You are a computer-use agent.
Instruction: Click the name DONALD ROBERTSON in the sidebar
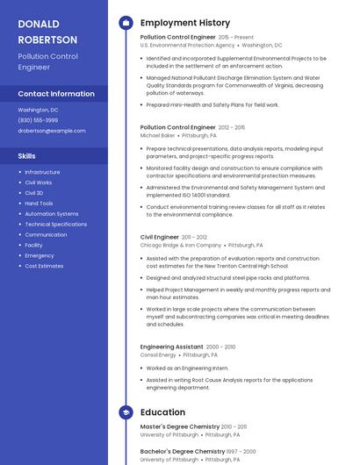click(x=47, y=32)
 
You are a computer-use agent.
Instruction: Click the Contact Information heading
click(x=56, y=93)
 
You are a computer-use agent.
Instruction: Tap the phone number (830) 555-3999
click(x=38, y=120)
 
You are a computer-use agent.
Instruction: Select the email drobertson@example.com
click(x=52, y=131)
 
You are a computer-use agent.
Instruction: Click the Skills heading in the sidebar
click(x=27, y=155)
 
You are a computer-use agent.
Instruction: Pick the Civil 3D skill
click(x=34, y=193)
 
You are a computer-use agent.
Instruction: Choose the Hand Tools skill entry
click(x=39, y=204)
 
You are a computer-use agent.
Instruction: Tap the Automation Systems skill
click(x=51, y=214)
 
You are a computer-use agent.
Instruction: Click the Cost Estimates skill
click(x=44, y=266)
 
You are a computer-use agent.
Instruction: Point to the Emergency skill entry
click(x=40, y=255)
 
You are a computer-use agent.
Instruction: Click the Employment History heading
click(x=184, y=23)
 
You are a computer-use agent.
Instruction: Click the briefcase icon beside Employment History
click(x=126, y=23)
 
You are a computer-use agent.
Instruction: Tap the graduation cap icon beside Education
click(x=126, y=411)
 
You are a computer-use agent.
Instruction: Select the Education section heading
click(x=162, y=411)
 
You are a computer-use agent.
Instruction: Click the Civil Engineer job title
click(x=160, y=237)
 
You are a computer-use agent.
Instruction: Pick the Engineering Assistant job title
click(x=172, y=347)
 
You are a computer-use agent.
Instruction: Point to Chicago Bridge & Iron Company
click(x=180, y=246)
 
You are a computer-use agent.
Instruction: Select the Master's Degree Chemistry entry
click(x=179, y=426)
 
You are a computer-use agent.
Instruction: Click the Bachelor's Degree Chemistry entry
click(x=182, y=451)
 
